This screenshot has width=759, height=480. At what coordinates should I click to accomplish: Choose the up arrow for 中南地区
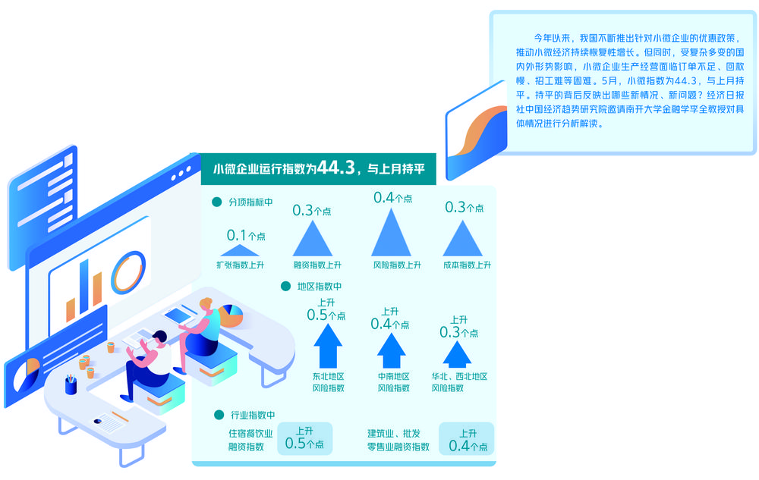pyautogui.click(x=392, y=350)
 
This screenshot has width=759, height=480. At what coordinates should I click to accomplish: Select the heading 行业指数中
pyautogui.click(x=253, y=415)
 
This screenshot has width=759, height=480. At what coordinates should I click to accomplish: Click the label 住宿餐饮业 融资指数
pyautogui.click(x=244, y=440)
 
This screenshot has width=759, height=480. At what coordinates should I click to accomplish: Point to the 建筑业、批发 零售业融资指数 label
pyautogui.click(x=398, y=440)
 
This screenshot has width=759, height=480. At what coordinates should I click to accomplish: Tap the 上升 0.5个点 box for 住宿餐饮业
pyautogui.click(x=304, y=439)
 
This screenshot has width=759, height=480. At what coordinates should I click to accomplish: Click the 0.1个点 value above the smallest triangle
pyautogui.click(x=246, y=236)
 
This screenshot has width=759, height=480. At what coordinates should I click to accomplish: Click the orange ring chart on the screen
pyautogui.click(x=128, y=271)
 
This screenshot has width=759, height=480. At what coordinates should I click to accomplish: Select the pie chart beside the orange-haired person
pyautogui.click(x=231, y=315)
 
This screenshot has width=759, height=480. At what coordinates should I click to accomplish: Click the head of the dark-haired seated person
pyautogui.click(x=159, y=338)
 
